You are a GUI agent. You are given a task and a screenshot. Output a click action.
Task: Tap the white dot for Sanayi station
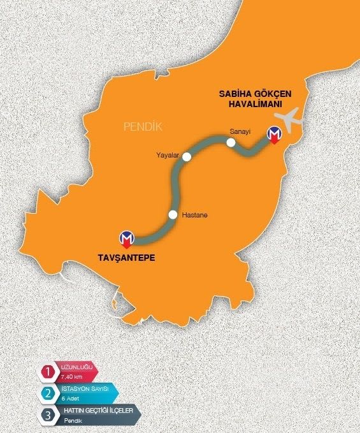231,143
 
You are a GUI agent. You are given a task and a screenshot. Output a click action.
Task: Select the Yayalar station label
167,154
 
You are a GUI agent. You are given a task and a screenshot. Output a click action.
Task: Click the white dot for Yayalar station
186,156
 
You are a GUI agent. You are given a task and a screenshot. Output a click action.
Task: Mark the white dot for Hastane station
173,215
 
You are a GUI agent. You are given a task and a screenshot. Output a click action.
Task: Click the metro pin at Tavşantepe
128,239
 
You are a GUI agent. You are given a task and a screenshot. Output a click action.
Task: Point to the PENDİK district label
143,128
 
